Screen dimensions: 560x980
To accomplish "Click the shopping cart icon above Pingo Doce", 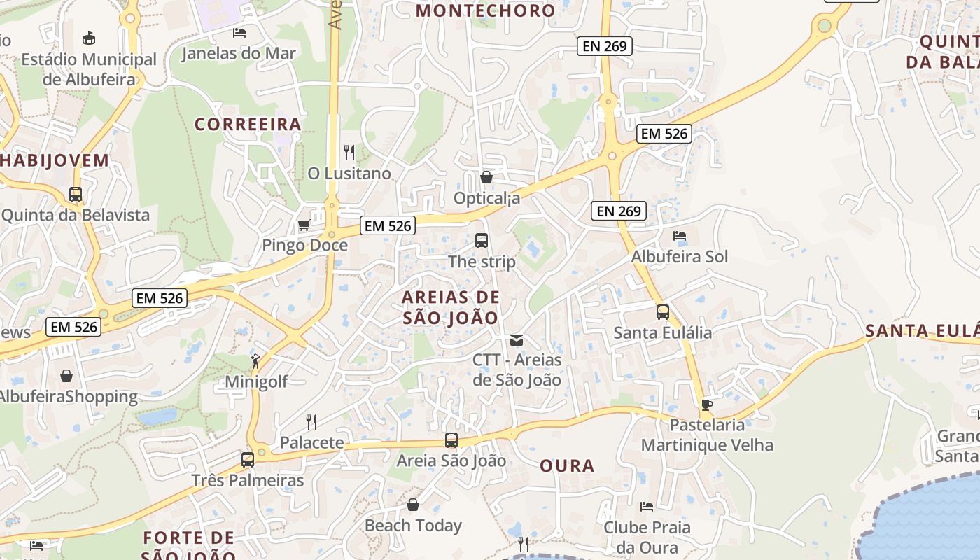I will pyautogui.click(x=304, y=225).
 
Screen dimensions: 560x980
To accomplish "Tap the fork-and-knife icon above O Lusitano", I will pyautogui.click(x=349, y=152).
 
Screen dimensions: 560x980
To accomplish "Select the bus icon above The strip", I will pyautogui.click(x=482, y=241).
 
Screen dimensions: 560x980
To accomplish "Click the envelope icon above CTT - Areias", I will pyautogui.click(x=517, y=340).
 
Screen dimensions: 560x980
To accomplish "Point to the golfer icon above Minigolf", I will pyautogui.click(x=255, y=361).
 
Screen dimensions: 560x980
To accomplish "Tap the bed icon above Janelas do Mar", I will pyautogui.click(x=239, y=32).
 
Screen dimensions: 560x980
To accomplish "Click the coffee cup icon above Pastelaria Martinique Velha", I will pyautogui.click(x=707, y=405).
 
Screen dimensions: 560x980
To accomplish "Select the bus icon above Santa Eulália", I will pyautogui.click(x=662, y=312).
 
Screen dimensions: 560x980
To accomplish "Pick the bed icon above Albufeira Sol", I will pyautogui.click(x=679, y=236).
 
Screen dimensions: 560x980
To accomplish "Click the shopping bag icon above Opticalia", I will pyautogui.click(x=486, y=177).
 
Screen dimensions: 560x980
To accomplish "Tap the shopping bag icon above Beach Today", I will pyautogui.click(x=413, y=505).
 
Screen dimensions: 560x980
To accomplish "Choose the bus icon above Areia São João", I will pyautogui.click(x=451, y=440).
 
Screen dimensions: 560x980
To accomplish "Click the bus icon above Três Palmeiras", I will pyautogui.click(x=248, y=460).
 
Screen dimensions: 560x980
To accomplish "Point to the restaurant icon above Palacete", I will pyautogui.click(x=311, y=421).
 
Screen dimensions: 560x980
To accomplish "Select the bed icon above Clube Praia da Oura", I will pyautogui.click(x=647, y=506).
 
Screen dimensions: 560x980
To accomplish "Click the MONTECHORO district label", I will pyautogui.click(x=485, y=10).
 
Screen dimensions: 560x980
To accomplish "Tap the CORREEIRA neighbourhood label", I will pyautogui.click(x=248, y=125).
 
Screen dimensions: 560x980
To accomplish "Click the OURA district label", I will pyautogui.click(x=567, y=466).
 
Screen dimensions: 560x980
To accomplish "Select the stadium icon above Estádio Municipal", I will pyautogui.click(x=89, y=38).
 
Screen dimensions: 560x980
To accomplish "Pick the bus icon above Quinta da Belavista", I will pyautogui.click(x=76, y=195).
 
